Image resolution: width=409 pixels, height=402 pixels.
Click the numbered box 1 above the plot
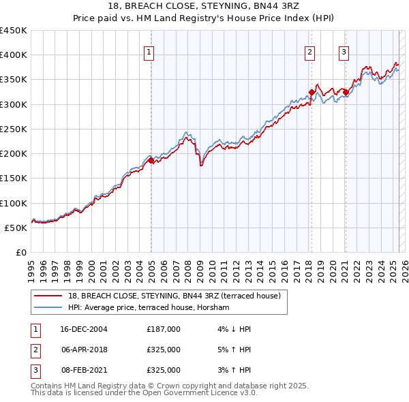click(x=149, y=51)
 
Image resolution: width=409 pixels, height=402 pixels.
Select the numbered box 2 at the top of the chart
click(x=309, y=51)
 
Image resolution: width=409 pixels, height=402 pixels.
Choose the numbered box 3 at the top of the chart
click(x=344, y=51)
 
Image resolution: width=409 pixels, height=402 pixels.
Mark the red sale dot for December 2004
click(x=151, y=160)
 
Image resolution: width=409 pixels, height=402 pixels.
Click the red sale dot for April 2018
click(x=312, y=92)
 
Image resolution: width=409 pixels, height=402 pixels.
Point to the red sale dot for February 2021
click(x=346, y=92)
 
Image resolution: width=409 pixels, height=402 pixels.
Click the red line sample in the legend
click(x=48, y=296)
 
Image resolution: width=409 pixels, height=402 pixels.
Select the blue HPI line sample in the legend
click(x=48, y=307)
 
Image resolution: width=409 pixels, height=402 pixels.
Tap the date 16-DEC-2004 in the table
click(x=84, y=329)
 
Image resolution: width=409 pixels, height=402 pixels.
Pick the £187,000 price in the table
click(x=163, y=329)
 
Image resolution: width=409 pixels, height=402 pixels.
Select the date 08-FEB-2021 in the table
click(x=84, y=370)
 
